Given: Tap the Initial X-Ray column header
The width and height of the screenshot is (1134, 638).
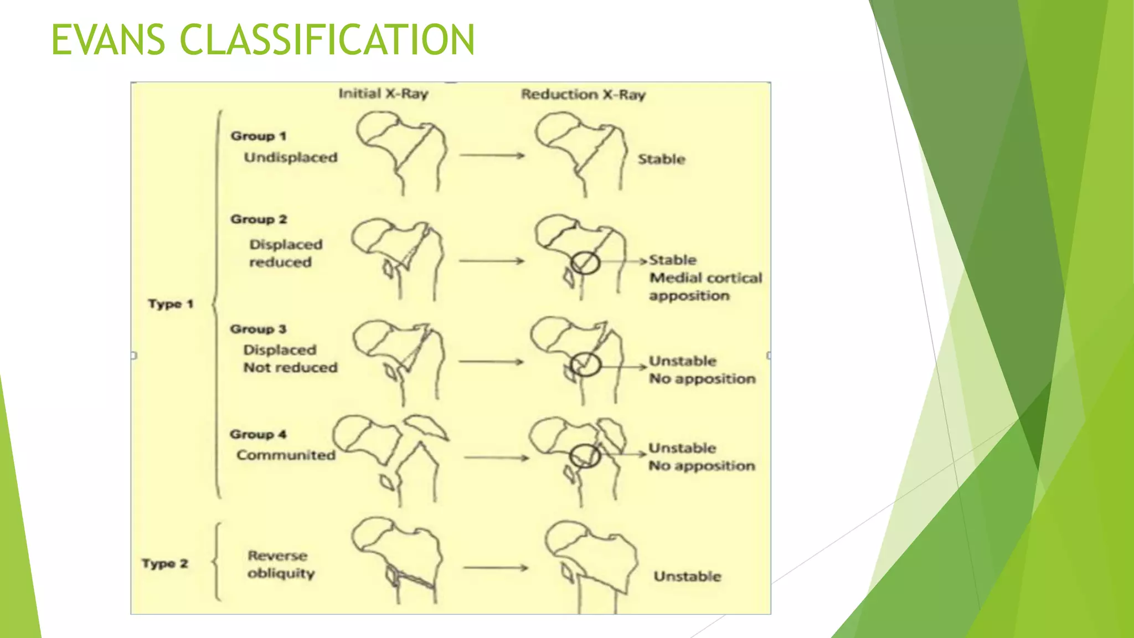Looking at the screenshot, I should pos(383,94).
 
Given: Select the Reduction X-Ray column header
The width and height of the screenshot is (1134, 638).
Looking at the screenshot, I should pos(583,95).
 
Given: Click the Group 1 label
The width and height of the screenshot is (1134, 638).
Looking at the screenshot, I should pos(259,136).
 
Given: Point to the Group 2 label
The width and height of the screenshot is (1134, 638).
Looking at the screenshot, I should pos(259,219).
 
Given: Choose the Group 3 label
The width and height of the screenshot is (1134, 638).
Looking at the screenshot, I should pos(258,329).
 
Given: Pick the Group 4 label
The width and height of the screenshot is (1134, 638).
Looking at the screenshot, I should pos(258,434).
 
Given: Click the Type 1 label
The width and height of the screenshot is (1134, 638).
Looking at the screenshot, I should pos(170,304).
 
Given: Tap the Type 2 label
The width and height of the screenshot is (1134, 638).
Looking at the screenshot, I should pos(164,564).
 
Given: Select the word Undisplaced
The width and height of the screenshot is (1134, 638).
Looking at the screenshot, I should pos(291,158).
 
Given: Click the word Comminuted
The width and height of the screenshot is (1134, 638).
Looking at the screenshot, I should pos(286,455).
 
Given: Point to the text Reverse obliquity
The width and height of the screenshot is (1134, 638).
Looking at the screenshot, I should pos(281,564).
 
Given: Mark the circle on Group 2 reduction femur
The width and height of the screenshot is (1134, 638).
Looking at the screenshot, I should pos(585,263).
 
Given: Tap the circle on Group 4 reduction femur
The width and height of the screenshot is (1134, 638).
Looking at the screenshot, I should pos(585,456).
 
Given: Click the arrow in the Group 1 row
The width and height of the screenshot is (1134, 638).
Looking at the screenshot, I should pos(492,156).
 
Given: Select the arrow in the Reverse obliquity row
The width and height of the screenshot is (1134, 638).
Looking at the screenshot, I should pos(496,568).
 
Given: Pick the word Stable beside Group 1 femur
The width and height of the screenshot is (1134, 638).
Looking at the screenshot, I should pos(661,159).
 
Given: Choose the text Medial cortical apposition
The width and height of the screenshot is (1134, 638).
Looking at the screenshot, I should pos(705,287).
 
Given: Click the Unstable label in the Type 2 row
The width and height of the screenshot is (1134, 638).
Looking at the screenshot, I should pos(687,577).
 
